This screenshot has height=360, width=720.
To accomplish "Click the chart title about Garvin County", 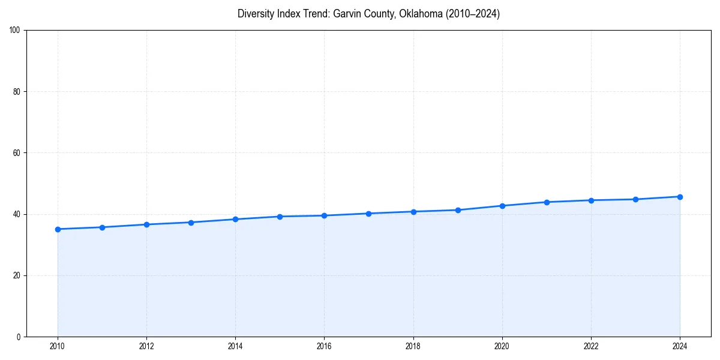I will click(368, 14).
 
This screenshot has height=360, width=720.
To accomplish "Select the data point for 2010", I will click(58, 229).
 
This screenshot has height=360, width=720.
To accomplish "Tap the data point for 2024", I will click(680, 197).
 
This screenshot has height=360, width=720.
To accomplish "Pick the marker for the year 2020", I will click(502, 206).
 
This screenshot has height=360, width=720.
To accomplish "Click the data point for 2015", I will click(280, 217).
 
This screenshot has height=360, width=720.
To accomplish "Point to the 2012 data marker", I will click(146, 224).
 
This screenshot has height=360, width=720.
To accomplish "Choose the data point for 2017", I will click(369, 214).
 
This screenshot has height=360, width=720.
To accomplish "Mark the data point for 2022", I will click(591, 200).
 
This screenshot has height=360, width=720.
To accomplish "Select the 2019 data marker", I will click(458, 210).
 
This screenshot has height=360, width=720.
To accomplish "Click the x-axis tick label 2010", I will click(58, 346).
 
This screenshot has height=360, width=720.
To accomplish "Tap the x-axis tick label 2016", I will click(324, 346).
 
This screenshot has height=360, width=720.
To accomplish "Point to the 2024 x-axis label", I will click(680, 346).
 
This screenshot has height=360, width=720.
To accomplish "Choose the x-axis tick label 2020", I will click(502, 346).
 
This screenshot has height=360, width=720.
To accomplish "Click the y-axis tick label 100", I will click(16, 30).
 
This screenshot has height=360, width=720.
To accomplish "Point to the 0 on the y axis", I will click(19, 337).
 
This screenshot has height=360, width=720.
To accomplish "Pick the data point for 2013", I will click(191, 223).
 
